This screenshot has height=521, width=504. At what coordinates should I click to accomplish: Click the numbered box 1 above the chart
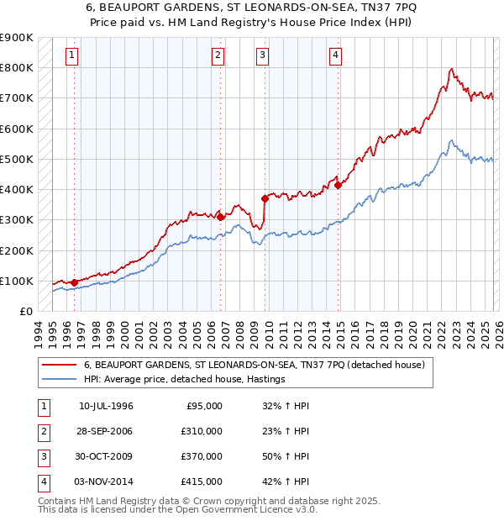click(x=73, y=56)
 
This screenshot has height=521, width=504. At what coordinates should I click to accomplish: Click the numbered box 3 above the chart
click(x=263, y=56)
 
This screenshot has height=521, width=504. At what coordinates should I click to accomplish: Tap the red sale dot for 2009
click(x=265, y=198)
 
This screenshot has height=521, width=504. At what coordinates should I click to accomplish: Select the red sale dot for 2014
click(x=338, y=185)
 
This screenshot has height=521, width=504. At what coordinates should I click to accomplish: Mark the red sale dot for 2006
click(x=220, y=217)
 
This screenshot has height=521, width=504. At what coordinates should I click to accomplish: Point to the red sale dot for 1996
click(x=74, y=282)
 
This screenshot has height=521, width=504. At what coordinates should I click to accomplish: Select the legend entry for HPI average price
click(x=185, y=379)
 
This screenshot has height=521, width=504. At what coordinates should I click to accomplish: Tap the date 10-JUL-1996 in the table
click(x=106, y=406)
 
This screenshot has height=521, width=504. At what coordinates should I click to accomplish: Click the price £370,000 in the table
click(x=202, y=456)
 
